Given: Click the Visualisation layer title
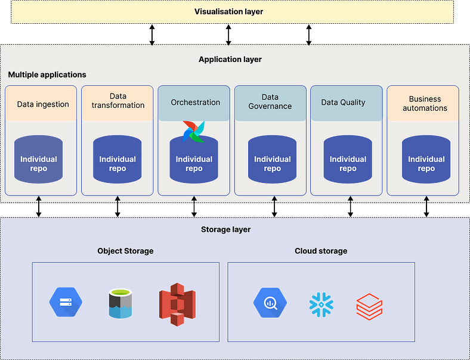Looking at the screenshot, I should pos(228,11).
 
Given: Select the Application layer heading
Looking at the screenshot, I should pos(230,60).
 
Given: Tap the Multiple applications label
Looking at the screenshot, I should pos(47,75).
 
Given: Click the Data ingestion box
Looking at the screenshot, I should pos(42,104).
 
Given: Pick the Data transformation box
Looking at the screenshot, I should pos(117,101).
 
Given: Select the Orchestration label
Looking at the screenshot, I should pos(195,103).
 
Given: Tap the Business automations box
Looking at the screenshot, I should pos(424,104).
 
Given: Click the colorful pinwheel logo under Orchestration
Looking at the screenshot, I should pos(193,131).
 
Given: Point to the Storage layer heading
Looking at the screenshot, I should pos(225,229).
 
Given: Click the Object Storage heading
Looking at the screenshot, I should pos(125,251).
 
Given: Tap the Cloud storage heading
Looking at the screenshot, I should pos(320,251).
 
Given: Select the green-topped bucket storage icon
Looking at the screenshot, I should pos(120,303).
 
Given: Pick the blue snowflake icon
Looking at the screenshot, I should pos(321,305).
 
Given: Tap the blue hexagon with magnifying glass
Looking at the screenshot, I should pos(270,303).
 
